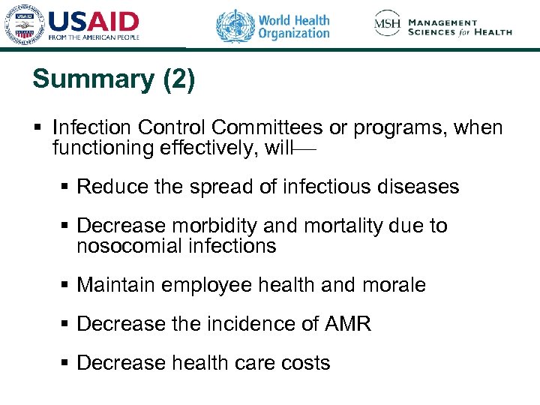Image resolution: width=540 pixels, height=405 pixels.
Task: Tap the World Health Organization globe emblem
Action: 235,26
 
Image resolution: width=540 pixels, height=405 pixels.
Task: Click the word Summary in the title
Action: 93,79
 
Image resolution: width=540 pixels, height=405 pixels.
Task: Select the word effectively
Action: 209,148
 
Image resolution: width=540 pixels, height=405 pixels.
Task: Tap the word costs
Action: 303,363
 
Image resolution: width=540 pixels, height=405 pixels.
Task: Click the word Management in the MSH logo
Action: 443,22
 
